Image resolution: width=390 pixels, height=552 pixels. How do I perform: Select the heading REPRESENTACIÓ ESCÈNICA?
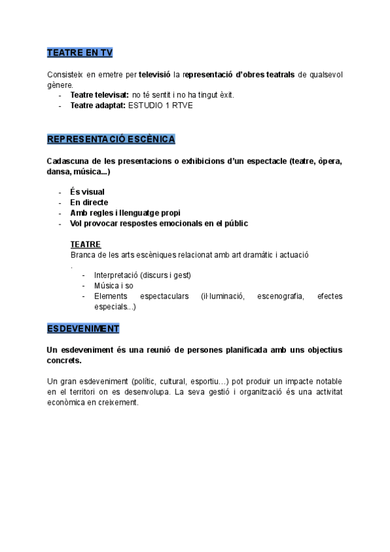pos(111,139)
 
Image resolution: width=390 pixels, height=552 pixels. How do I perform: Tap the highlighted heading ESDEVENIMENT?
pos(83,328)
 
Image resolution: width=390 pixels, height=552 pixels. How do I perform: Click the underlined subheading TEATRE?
pos(85,244)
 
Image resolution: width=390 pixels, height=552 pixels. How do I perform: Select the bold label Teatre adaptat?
pos(97,105)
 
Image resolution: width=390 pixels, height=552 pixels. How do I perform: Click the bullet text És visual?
pos(87,192)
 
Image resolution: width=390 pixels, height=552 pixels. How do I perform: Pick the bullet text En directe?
pos(89,202)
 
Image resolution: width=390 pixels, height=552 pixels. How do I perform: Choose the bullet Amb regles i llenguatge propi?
pos(125,213)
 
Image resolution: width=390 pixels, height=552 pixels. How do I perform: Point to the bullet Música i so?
pos(114,286)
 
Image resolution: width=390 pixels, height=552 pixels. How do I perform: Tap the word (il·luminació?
pos(222,296)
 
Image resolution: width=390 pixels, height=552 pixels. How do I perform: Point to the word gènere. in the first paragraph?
pos(60,85)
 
